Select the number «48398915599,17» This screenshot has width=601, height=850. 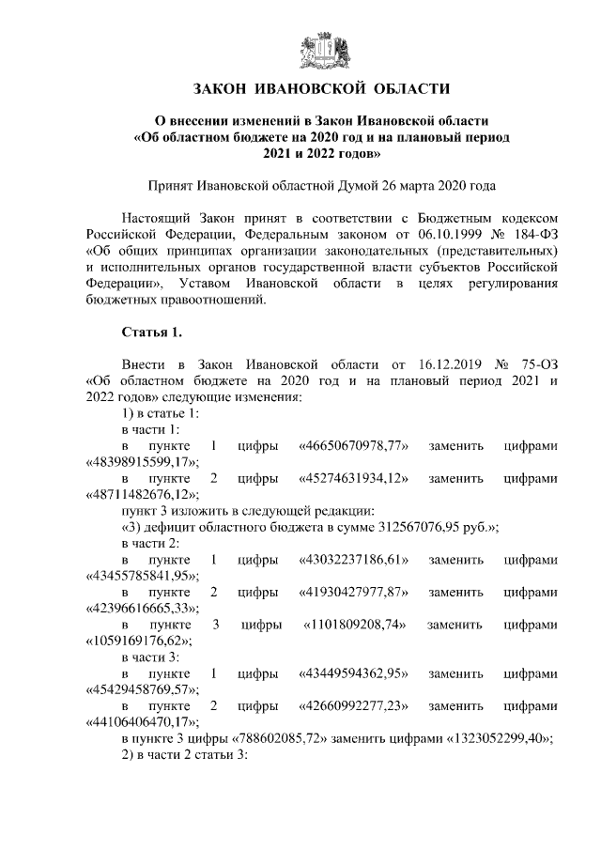[140, 462]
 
